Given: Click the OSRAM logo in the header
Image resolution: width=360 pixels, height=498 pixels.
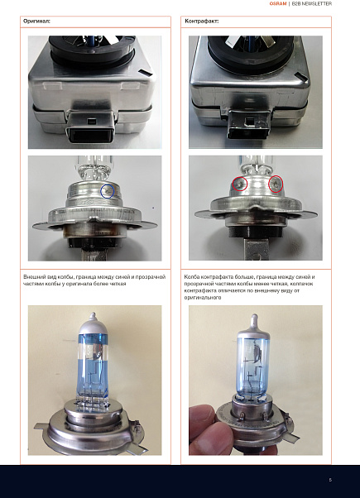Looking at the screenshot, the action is point(278,4).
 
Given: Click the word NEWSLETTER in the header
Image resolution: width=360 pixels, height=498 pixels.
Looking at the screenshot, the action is point(316,4).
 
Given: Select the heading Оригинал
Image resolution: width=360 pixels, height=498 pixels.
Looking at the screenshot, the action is point(36,22).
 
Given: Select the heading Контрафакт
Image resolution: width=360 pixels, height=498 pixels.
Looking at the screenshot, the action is point(202,22).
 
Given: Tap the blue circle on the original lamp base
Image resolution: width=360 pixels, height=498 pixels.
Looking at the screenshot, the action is point(108,192).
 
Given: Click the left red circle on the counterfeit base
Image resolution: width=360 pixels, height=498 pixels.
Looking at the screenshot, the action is point(240,184).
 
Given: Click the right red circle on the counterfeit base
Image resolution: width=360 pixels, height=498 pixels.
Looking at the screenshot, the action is point(276,184).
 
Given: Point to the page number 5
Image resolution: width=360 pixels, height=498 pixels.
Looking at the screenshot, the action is point(330,480).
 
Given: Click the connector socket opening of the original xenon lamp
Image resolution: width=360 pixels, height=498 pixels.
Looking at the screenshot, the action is point(91,134).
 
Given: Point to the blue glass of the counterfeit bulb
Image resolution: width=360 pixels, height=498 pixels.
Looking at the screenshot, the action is point(253,366).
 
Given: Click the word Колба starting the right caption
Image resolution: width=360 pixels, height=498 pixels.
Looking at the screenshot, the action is point(191,277).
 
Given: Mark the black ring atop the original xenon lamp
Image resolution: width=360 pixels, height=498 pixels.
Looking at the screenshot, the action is point(92,50).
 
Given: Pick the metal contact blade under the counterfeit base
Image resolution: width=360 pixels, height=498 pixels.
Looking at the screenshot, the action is point(256,249).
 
